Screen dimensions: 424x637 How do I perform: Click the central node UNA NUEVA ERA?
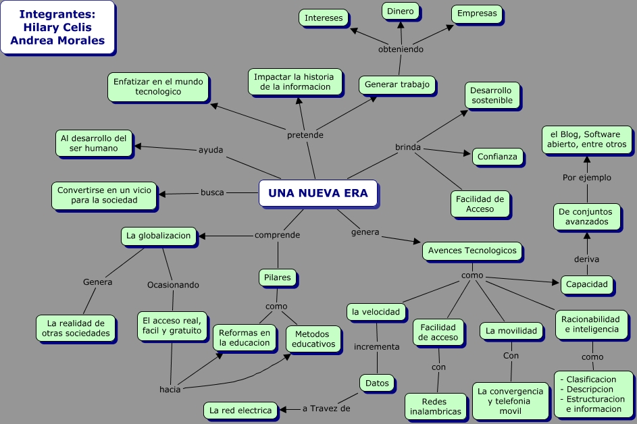tap(317, 193)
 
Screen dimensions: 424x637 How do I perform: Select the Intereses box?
tap(324, 18)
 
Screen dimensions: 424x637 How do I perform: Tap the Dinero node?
tap(400, 11)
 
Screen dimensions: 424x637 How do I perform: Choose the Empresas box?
tap(476, 13)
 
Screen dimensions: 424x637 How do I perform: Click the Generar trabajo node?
tap(397, 84)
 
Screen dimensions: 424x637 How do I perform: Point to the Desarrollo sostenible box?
tap(492, 95)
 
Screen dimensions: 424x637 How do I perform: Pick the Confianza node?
tap(497, 157)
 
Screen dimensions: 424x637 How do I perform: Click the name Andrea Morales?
tap(57, 41)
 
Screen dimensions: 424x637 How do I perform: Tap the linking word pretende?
tap(305, 135)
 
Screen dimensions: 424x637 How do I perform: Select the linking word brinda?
tap(408, 147)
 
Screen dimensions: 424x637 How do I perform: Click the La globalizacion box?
tap(159, 236)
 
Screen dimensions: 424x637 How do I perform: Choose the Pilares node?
tap(278, 277)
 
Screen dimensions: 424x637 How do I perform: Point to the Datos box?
tap(377, 383)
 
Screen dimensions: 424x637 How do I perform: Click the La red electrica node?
tap(240, 410)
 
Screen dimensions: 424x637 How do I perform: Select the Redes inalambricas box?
tap(436, 406)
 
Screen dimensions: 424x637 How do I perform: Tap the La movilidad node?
tap(511, 330)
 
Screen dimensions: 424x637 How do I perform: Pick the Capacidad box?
tap(586, 284)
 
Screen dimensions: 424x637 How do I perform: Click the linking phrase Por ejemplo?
tap(587, 178)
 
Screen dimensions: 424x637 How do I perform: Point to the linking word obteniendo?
tap(401, 49)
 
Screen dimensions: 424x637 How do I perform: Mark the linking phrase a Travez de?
tap(326, 408)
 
